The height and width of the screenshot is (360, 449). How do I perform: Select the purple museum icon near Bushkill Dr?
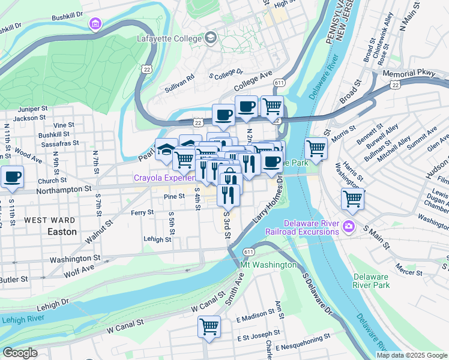[x=95, y=24]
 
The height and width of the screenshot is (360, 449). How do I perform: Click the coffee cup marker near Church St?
[x=12, y=177]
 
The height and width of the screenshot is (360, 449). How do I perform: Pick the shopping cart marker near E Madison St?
[x=209, y=327]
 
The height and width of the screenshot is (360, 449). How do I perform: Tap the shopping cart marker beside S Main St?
[x=352, y=199]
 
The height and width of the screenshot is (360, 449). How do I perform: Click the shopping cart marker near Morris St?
[x=316, y=148]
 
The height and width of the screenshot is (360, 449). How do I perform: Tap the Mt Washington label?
[x=268, y=265]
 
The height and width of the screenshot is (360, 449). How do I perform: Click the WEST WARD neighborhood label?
[x=50, y=220]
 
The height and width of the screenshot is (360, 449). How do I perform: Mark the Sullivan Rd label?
[x=180, y=83]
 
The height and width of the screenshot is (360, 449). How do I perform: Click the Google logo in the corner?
[x=20, y=353]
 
